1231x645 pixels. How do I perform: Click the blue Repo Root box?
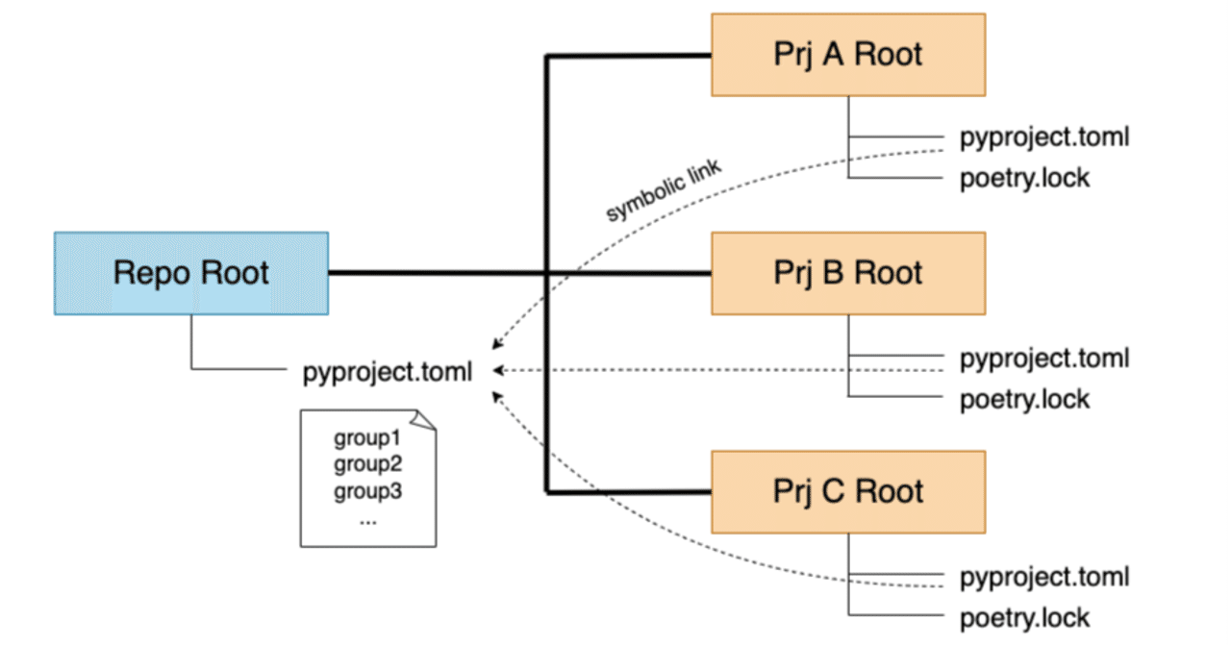tap(190, 273)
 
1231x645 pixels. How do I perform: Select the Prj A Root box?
tap(847, 54)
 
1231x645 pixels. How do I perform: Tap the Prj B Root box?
tap(847, 273)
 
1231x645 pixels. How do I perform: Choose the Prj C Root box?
tap(847, 491)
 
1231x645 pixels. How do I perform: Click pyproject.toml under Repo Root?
tap(388, 372)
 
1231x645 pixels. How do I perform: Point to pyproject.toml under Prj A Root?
tap(1044, 137)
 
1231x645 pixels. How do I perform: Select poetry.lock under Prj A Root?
tap(1025, 178)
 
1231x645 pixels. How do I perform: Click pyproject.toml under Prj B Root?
tap(1044, 359)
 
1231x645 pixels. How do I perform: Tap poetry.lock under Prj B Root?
tap(1025, 399)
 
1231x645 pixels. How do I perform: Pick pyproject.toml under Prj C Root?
tap(1044, 577)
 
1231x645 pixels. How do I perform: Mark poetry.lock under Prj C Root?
tap(1025, 618)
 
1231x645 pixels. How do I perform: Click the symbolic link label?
tap(664, 191)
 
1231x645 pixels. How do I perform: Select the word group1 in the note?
tap(366, 439)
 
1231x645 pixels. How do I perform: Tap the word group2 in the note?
tap(366, 465)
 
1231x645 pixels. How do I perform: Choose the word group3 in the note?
tap(366, 491)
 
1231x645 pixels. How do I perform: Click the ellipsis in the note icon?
tap(366, 519)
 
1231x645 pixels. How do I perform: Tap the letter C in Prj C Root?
tap(833, 491)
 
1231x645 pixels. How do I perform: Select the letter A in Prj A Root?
tap(833, 54)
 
